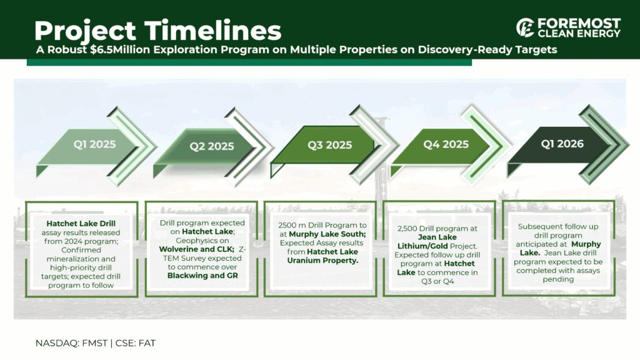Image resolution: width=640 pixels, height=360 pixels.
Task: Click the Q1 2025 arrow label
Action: click(95, 144)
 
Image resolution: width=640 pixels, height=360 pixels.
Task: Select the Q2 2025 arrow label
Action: click(212, 146)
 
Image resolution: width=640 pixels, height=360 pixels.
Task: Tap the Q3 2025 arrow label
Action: click(330, 145)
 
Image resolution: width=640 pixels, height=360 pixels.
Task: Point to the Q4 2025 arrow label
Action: click(446, 144)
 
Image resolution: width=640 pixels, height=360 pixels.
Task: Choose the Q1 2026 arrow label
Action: click(562, 144)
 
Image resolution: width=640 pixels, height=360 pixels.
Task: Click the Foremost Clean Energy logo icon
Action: click(525, 27)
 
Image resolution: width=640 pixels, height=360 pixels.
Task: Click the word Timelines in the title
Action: click(212, 31)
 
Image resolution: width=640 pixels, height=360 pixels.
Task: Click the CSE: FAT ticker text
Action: click(136, 343)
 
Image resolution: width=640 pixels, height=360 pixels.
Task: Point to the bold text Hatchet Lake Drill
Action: click(81, 224)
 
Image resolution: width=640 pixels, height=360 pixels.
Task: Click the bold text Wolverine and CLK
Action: click(196, 249)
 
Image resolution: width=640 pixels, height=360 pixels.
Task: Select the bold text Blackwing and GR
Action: click(202, 276)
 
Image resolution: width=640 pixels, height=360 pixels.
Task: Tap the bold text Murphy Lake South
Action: click(327, 234)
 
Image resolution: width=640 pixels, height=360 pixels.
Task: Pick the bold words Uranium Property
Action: click(322, 261)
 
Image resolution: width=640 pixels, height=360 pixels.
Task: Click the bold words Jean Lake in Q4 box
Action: click(437, 237)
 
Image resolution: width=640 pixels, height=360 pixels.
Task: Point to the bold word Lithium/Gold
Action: click(423, 246)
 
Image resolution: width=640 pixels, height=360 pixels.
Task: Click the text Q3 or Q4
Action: click(437, 281)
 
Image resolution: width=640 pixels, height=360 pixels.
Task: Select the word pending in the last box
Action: click(558, 279)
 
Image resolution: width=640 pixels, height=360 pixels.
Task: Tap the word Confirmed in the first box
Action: click(81, 250)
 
